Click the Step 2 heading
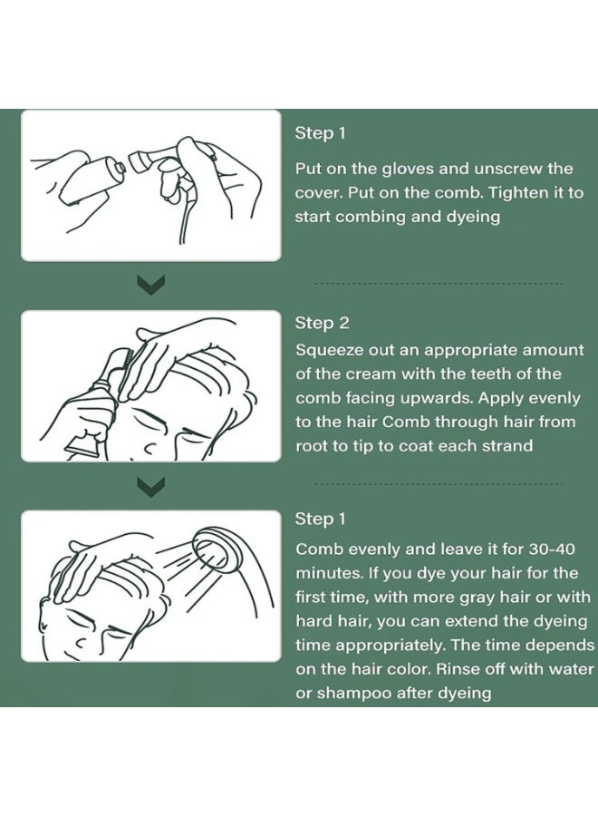[322, 323]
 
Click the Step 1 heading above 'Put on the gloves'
[321, 133]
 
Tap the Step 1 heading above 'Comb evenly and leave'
[321, 519]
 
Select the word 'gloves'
[408, 170]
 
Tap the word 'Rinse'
[457, 669]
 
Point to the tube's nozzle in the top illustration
[121, 168]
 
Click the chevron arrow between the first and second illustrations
[150, 284]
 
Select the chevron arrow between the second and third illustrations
[150, 487]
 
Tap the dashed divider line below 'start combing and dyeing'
[439, 284]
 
